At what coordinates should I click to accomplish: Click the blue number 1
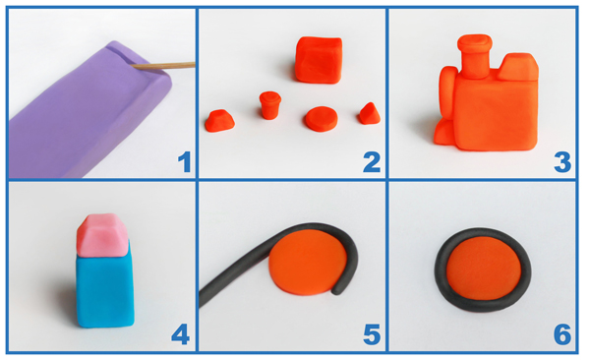tap(185, 162)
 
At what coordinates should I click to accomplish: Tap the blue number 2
tap(372, 162)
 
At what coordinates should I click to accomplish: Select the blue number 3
tap(562, 162)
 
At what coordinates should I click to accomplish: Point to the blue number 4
tap(180, 334)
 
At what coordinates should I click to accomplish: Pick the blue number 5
tap(372, 334)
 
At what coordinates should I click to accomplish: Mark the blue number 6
tap(562, 334)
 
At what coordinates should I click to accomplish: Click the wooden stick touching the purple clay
tap(163, 66)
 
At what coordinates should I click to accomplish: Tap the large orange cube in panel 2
tap(319, 59)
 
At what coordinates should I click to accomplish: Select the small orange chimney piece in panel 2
tap(269, 105)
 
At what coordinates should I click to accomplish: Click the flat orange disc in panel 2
tap(322, 119)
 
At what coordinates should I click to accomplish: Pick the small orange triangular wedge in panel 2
tap(370, 113)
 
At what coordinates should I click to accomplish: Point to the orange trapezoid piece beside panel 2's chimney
tap(219, 121)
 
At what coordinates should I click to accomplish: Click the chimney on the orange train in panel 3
tap(475, 56)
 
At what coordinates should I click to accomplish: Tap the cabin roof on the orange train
tap(517, 67)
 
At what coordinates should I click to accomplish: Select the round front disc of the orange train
tap(447, 94)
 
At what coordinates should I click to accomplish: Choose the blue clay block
tap(105, 289)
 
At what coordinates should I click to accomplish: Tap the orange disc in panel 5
tap(308, 262)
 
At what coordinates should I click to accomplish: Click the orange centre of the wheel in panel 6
tap(484, 269)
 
